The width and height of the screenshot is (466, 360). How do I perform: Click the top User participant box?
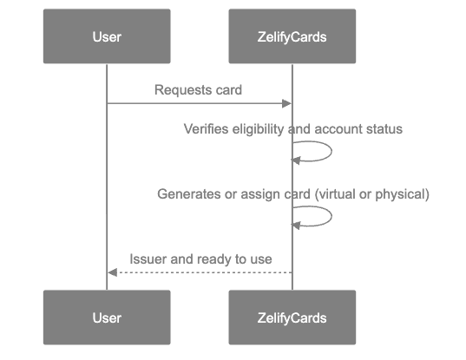[x=107, y=36]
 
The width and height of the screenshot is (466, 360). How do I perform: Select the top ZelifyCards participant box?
[x=292, y=36]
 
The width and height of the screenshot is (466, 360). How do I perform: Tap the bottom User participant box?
[x=107, y=317]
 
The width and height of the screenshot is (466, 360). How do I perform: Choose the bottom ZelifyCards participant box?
[x=292, y=317]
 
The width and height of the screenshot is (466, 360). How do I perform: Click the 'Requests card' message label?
[x=198, y=90]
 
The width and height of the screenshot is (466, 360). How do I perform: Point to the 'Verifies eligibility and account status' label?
[x=292, y=129]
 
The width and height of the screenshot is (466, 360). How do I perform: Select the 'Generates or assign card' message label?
[x=292, y=194]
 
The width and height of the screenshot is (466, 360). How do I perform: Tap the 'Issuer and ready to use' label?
[x=200, y=259]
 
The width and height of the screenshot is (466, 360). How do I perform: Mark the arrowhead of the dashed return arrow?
[x=112, y=272]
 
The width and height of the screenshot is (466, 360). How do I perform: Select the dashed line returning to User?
[x=200, y=272]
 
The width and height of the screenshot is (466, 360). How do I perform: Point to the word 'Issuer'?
[x=147, y=259]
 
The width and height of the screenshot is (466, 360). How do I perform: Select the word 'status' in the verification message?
[x=385, y=129]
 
